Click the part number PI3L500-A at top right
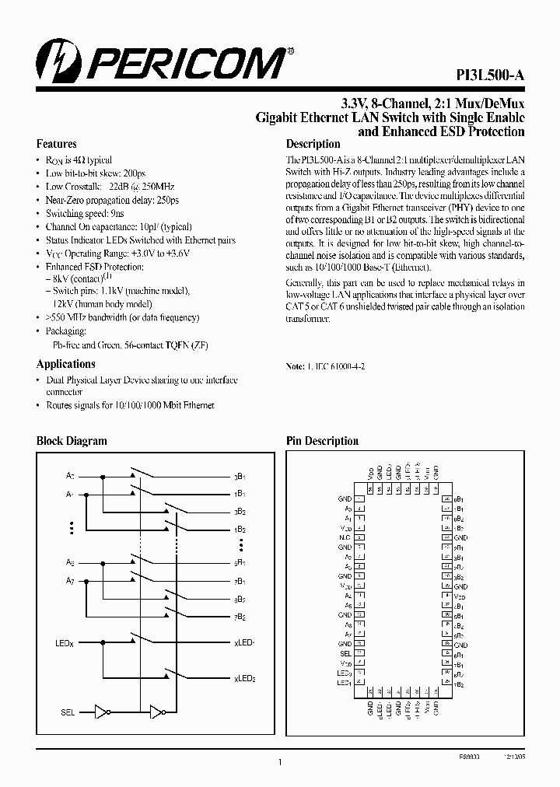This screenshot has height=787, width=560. [x=490, y=75]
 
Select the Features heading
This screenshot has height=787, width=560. [x=57, y=144]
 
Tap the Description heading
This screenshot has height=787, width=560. [x=313, y=144]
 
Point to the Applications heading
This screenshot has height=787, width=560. [x=66, y=364]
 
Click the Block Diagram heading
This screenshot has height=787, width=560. [x=72, y=441]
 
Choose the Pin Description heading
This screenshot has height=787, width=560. [x=322, y=441]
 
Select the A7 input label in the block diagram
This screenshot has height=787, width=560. [x=69, y=580]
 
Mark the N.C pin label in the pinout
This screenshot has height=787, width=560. [x=345, y=537]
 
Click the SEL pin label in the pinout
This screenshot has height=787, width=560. [x=346, y=653]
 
